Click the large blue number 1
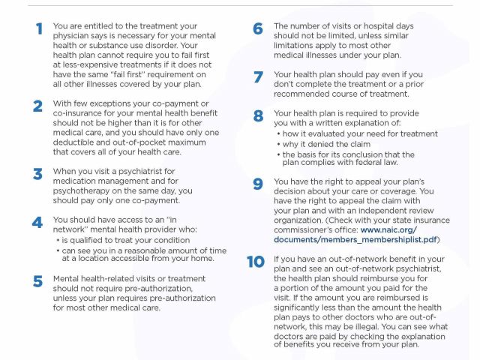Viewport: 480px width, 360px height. [38, 30]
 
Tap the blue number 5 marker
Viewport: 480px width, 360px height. [37, 281]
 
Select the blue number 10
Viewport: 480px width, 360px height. [256, 262]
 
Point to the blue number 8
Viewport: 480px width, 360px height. [258, 116]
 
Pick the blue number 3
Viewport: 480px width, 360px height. [37, 173]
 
